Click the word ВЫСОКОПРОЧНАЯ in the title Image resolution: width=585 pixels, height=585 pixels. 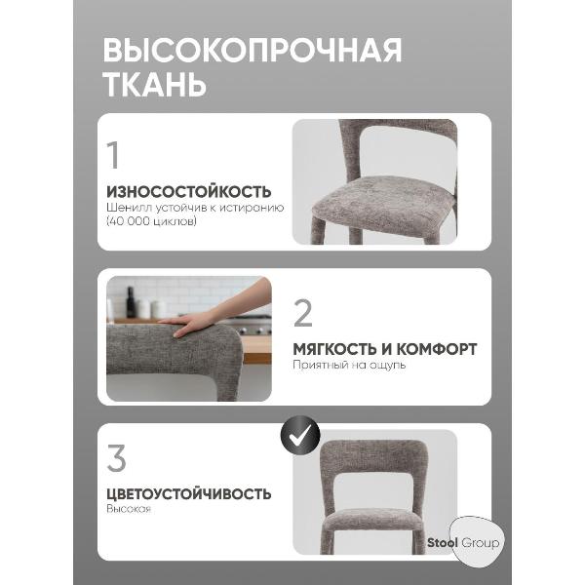click(x=252, y=51)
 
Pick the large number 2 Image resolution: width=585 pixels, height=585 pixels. click(x=303, y=313)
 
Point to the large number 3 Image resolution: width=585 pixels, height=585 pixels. click(x=116, y=457)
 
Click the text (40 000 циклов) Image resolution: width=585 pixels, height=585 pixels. click(x=151, y=222)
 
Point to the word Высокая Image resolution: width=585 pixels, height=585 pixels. click(x=129, y=510)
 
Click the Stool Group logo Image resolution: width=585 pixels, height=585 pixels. click(x=462, y=542)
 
